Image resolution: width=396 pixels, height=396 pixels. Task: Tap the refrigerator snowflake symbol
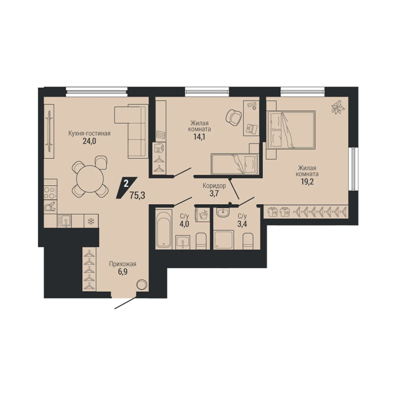tap(91, 222)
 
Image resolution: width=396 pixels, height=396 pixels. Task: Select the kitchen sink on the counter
tap(64, 221)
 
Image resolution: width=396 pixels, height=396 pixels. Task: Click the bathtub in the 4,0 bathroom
tap(163, 229)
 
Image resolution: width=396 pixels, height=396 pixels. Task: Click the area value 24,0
tap(89, 141)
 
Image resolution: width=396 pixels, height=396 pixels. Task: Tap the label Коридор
tap(214, 186)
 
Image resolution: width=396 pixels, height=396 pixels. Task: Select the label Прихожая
tap(123, 264)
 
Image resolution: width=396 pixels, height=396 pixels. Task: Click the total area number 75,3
tap(137, 195)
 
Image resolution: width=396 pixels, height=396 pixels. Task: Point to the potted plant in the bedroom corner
tap(338, 107)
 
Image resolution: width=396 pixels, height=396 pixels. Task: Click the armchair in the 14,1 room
tap(234, 117)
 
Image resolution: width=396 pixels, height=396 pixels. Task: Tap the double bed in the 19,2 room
tap(291, 129)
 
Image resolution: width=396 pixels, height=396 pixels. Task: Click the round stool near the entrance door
tap(141, 284)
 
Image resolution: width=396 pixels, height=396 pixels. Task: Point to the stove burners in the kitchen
tap(50, 192)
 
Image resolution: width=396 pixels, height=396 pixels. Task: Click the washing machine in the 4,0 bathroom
tap(203, 215)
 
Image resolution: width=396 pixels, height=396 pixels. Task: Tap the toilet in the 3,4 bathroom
tap(247, 242)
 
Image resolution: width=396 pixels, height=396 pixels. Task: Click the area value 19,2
tap(307, 182)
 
